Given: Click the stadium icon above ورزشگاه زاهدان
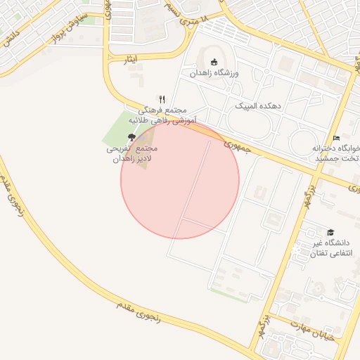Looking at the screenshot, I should pos(214,61).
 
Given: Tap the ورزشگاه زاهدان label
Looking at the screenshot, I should pos(214,72).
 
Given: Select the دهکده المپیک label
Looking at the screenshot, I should pos(257,105).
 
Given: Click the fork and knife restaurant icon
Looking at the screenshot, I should pos(162,99).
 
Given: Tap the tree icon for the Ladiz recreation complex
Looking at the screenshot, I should pos(131,137).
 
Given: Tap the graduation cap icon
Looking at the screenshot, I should pos(330,232).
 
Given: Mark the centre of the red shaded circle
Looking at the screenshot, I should pos(180,179).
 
